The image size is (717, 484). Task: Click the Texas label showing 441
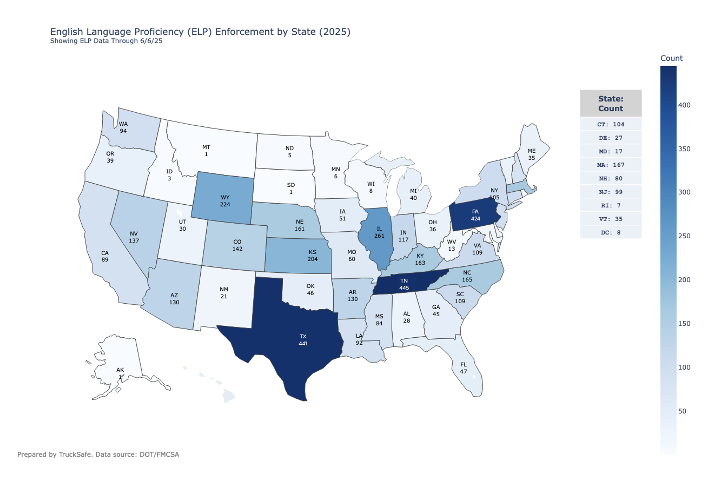pos(303,340)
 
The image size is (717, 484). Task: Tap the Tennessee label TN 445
pos(404,284)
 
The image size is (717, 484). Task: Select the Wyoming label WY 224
pos(225,201)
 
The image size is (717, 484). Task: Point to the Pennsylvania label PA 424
pos(475,215)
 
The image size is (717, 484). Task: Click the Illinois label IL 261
pos(379,232)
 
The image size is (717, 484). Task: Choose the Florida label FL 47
pos(463,368)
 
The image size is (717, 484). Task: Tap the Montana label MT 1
pos(206,151)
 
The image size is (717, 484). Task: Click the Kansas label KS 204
pos(312,256)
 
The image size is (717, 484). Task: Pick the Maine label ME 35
pos(531,154)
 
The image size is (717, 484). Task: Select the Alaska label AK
pos(120,370)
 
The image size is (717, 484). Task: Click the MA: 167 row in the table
pos(611,165)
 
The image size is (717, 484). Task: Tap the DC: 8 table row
pos(611,232)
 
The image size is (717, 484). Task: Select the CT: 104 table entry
pos(611,124)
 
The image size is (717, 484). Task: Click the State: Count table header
pos(611,103)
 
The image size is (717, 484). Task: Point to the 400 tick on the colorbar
pos(684,105)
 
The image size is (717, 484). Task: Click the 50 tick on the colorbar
pos(682,411)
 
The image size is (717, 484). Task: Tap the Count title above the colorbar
pos(671,58)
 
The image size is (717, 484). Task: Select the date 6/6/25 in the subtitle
pos(151,41)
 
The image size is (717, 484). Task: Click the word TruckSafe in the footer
pos(75,454)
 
